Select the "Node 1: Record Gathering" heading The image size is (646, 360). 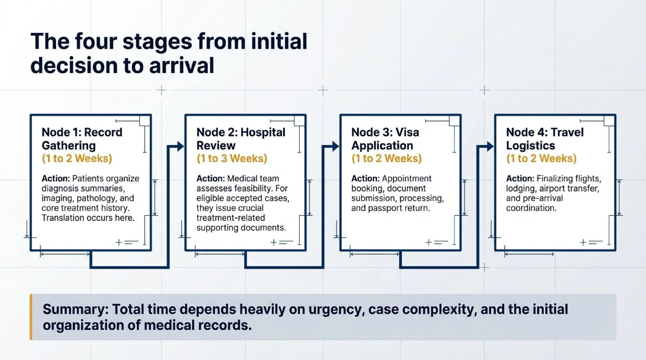click(82, 139)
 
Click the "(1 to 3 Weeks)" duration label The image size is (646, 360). click(232, 158)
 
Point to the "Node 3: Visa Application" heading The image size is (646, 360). click(385, 139)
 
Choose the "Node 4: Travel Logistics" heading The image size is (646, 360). click(544, 139)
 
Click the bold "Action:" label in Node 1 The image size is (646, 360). click(56, 179)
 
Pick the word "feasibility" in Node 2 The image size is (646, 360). click(253, 189)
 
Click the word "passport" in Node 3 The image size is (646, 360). click(384, 208)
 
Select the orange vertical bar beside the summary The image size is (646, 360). click(31, 317)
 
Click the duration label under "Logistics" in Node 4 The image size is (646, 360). click(541, 158)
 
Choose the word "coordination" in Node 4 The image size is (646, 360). click(531, 208)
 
